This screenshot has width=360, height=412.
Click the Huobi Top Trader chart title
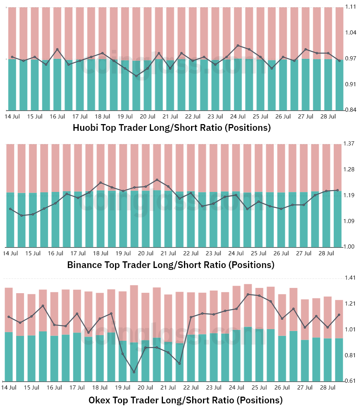pyautogui.click(x=172, y=128)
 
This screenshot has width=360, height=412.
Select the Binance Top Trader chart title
pyautogui.click(x=170, y=265)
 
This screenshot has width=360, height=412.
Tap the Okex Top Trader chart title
pyautogui.click(x=185, y=400)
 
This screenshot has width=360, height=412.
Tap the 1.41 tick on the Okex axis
pyautogui.click(x=350, y=278)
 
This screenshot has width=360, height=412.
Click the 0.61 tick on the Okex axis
pyautogui.click(x=350, y=381)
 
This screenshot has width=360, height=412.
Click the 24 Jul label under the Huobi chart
pyautogui.click(x=238, y=117)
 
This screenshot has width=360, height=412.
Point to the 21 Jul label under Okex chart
pyautogui.click(x=166, y=388)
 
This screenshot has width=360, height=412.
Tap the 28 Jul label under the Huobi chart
pyautogui.click(x=328, y=117)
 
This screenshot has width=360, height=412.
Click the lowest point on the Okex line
pyautogui.click(x=134, y=372)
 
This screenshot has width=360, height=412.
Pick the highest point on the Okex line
pyautogui.click(x=248, y=294)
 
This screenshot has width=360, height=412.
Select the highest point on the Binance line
pyautogui.click(x=157, y=180)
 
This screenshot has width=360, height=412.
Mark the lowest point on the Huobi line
pyautogui.click(x=136, y=76)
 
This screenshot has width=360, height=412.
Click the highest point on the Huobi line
pyautogui.click(x=238, y=45)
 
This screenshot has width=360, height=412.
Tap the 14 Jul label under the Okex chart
pyautogui.click(x=9, y=388)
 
